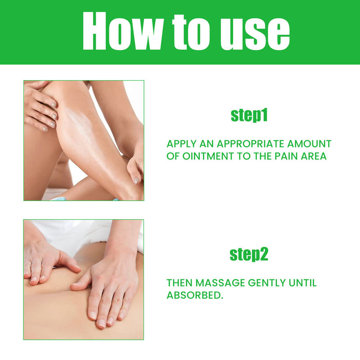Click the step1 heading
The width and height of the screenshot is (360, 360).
coord(249,115)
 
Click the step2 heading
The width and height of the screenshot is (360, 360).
coord(249,255)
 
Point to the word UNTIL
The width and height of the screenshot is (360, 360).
coord(302,283)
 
